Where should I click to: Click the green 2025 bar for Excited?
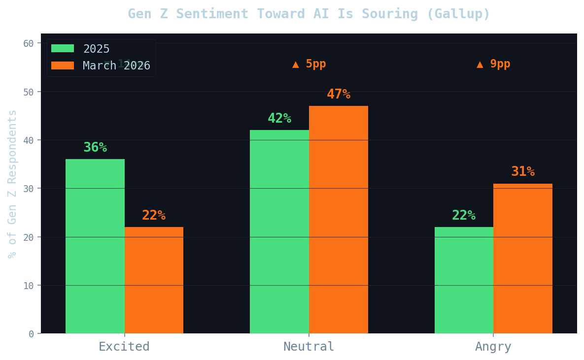click(x=95, y=246)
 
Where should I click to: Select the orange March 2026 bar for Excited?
click(x=154, y=280)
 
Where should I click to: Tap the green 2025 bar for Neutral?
click(x=279, y=231)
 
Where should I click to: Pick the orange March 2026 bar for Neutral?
click(x=339, y=220)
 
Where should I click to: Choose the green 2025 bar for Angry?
click(x=464, y=280)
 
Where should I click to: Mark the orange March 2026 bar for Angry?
click(x=523, y=259)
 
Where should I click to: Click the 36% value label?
click(x=95, y=148)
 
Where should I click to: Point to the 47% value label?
click(x=339, y=94)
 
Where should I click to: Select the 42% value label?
click(x=279, y=119)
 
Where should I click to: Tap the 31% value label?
click(x=523, y=172)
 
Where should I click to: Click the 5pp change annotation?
click(x=309, y=64)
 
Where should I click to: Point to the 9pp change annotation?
click(x=493, y=64)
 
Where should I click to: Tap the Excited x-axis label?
click(x=124, y=347)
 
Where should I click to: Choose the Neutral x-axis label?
click(x=309, y=347)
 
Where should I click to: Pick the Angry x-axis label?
click(x=493, y=347)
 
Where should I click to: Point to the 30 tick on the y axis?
click(x=31, y=189)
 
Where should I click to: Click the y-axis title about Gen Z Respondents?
click(x=12, y=184)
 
